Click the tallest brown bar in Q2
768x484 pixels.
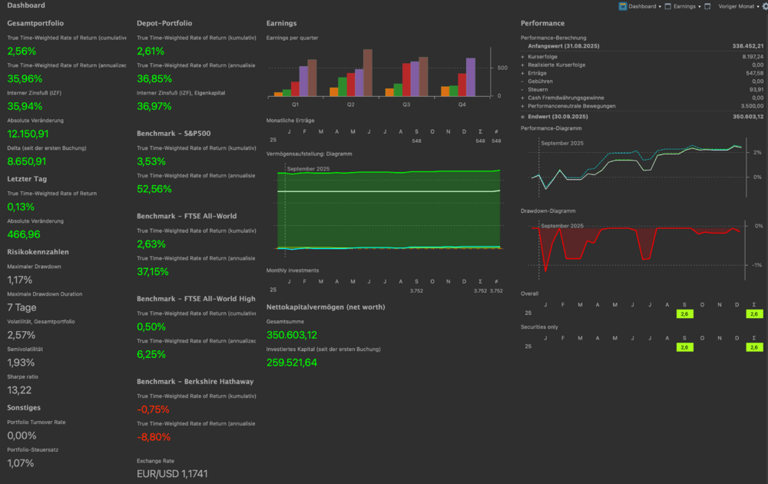[x=368, y=73]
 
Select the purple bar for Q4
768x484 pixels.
[x=470, y=81]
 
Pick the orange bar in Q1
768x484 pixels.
[x=278, y=94]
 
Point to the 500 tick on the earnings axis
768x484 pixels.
[x=502, y=68]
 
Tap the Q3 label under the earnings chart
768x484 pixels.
[x=406, y=104]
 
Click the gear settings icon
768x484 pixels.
[x=763, y=6]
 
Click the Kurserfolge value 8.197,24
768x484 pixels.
[x=747, y=56]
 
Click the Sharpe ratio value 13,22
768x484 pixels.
[x=19, y=390]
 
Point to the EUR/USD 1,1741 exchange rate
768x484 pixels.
[x=172, y=474]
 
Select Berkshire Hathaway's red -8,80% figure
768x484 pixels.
[x=154, y=436]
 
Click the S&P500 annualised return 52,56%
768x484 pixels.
[x=154, y=188]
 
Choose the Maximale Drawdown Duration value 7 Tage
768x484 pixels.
[x=22, y=307]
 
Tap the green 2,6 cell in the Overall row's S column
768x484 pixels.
[x=684, y=313]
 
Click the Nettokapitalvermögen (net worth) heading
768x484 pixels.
[x=326, y=307]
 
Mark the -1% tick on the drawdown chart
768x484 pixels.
[x=757, y=265]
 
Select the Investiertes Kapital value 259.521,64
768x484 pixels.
[x=292, y=363]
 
